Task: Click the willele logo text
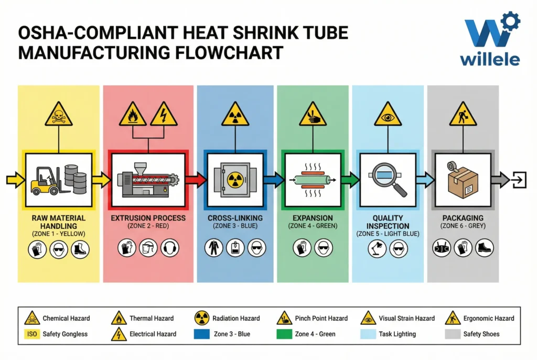490,58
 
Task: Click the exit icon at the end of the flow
518,180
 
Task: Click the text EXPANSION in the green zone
313,218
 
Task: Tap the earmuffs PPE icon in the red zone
169,248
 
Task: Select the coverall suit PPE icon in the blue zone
214,248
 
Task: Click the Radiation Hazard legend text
236,318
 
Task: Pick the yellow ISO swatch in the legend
32,334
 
